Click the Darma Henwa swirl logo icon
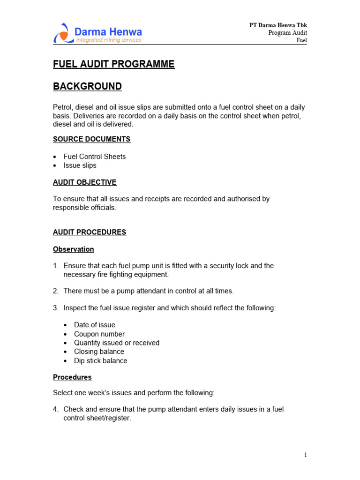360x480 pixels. pyautogui.click(x=62, y=33)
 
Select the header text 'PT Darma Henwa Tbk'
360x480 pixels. pyautogui.click(x=278, y=25)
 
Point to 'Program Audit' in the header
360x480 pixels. pyautogui.click(x=287, y=33)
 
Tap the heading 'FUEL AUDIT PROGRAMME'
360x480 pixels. pyautogui.click(x=113, y=65)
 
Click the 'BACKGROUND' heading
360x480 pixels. pyautogui.click(x=87, y=87)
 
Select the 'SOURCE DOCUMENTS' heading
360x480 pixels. pyautogui.click(x=91, y=139)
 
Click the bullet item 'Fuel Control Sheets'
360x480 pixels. pyautogui.click(x=95, y=157)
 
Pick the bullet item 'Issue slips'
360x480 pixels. pyautogui.click(x=80, y=165)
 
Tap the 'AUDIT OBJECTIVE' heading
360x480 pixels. pyautogui.click(x=84, y=182)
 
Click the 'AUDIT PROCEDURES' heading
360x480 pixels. pyautogui.click(x=90, y=232)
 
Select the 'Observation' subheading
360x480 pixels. pyautogui.click(x=73, y=249)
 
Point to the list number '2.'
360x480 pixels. pyautogui.click(x=56, y=291)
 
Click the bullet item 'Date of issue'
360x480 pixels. pyautogui.click(x=94, y=325)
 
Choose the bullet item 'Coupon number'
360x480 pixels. pyautogui.click(x=99, y=334)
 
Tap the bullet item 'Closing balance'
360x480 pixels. pyautogui.click(x=99, y=352)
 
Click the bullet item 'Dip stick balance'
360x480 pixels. pyautogui.click(x=100, y=361)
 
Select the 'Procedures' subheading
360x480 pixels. pyautogui.click(x=72, y=377)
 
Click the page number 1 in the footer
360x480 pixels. pyautogui.click(x=305, y=455)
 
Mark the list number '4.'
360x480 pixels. pyautogui.click(x=56, y=409)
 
